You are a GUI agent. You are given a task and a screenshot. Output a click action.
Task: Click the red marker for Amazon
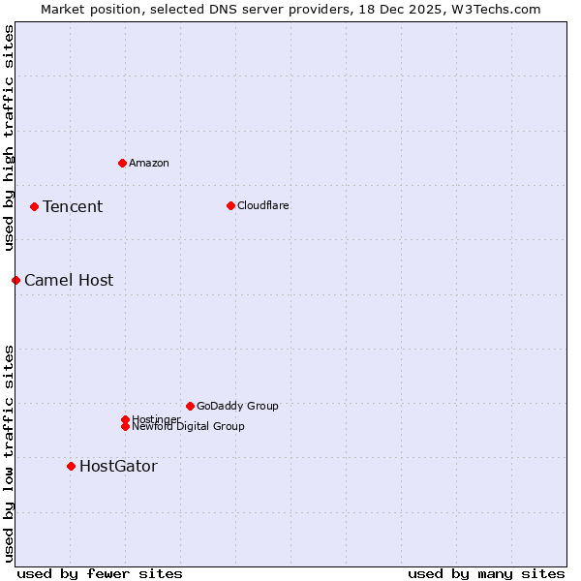click(x=122, y=163)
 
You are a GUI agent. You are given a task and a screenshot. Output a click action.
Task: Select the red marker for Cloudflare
click(x=230, y=205)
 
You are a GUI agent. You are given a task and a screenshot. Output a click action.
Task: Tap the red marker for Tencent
click(x=34, y=206)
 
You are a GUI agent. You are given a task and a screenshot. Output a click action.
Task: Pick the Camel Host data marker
click(x=15, y=280)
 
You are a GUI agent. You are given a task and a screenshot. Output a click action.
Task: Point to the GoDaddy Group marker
click(x=190, y=406)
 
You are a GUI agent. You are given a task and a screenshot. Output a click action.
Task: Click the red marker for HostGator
click(x=71, y=466)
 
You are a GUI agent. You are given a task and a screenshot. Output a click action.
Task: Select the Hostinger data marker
click(x=125, y=419)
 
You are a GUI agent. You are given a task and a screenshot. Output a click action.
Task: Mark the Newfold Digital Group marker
click(x=125, y=426)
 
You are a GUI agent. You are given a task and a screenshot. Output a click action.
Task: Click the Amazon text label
click(x=149, y=163)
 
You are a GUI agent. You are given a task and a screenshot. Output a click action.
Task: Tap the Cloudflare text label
click(x=263, y=205)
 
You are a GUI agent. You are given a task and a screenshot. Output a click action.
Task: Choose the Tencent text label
click(x=73, y=206)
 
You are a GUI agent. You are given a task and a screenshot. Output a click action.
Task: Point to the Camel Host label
click(x=69, y=280)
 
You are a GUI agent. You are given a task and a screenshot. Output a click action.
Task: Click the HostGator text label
click(x=118, y=466)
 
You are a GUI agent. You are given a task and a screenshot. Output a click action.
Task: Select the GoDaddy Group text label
click(x=237, y=406)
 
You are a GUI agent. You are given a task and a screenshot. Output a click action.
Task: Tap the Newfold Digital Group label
click(x=189, y=426)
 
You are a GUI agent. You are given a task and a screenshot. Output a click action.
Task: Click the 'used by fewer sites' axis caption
click(x=100, y=573)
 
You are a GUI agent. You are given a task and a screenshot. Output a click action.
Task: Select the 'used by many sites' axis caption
click(x=486, y=573)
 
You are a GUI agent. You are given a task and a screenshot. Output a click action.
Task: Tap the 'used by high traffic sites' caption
click(x=9, y=138)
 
